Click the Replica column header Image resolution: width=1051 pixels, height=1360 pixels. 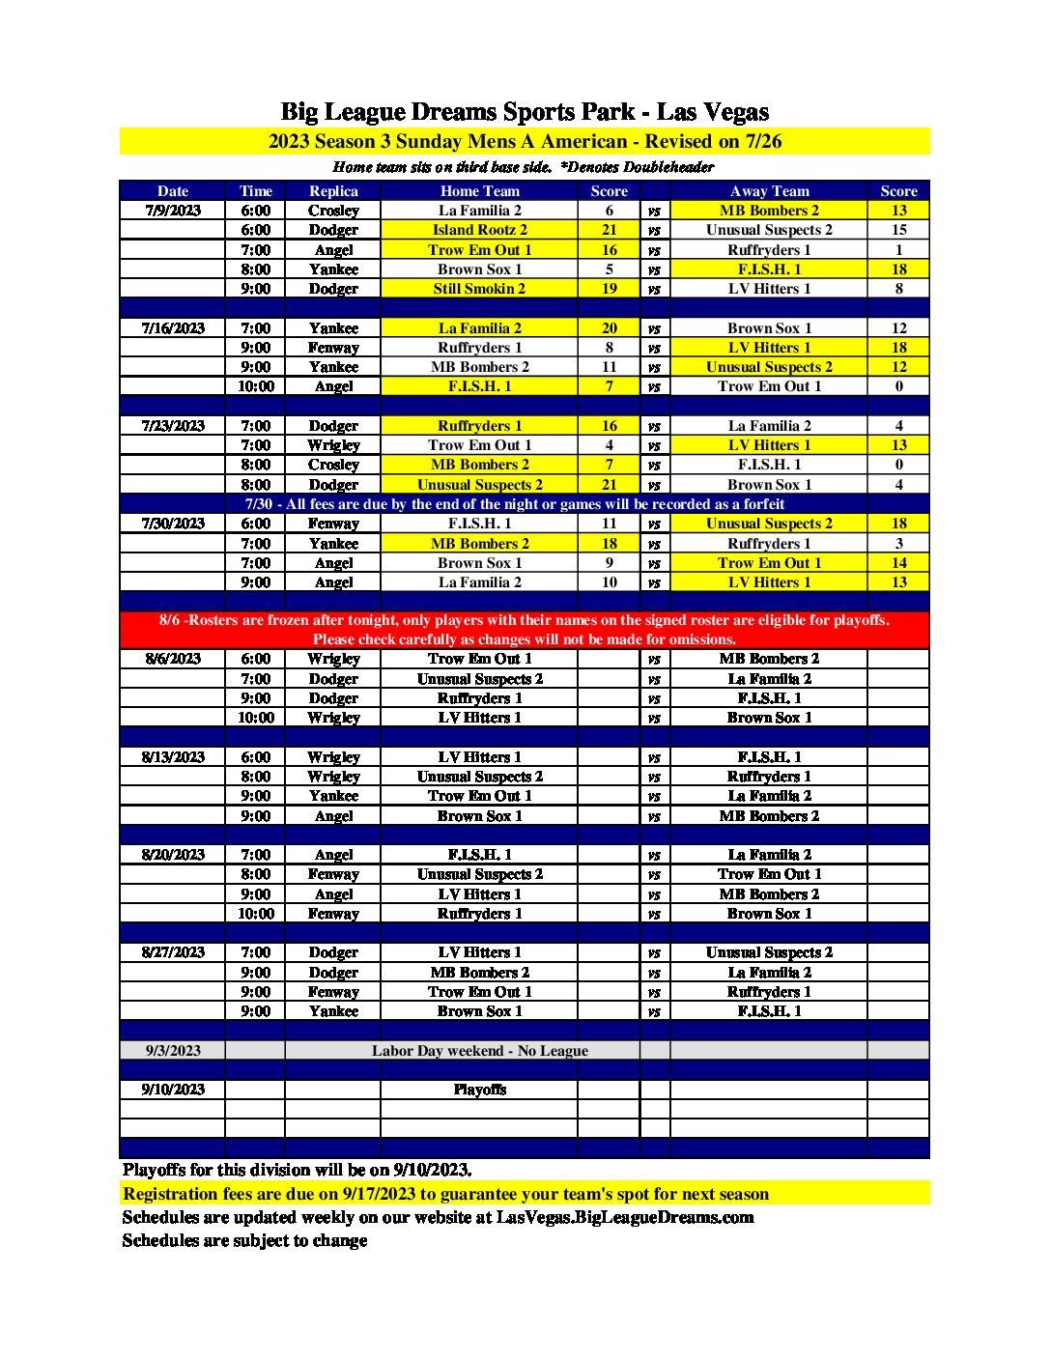[333, 191]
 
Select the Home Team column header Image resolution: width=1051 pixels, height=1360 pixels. [479, 191]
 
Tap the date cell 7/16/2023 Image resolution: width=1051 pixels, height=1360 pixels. [173, 328]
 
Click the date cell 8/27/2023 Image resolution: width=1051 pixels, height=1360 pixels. [173, 952]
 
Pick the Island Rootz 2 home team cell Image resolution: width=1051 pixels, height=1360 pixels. [479, 230]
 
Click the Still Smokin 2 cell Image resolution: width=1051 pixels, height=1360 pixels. [479, 289]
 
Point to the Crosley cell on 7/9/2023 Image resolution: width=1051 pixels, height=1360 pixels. [333, 211]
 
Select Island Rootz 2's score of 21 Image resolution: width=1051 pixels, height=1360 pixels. [609, 230]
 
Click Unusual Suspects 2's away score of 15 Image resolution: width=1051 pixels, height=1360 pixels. [898, 230]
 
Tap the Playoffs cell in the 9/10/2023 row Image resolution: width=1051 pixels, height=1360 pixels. [479, 1090]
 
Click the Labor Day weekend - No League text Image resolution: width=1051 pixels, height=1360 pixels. [479, 1051]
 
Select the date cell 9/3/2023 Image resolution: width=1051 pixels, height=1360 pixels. [173, 1051]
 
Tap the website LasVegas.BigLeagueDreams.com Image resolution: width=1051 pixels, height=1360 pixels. [624, 1217]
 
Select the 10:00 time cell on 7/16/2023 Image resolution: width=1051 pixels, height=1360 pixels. [255, 386]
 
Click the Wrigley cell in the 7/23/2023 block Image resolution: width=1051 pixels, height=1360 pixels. [333, 445]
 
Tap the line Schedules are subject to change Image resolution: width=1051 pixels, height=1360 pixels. [244, 1240]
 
